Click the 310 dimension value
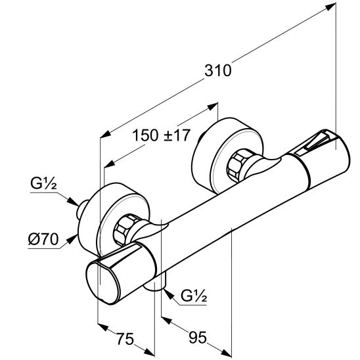(x=218, y=70)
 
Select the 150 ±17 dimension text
(x=162, y=135)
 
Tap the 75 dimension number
(x=125, y=339)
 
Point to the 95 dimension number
(x=198, y=337)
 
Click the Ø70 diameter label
(x=43, y=240)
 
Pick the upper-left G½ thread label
(x=43, y=183)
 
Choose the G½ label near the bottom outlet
(x=194, y=296)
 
